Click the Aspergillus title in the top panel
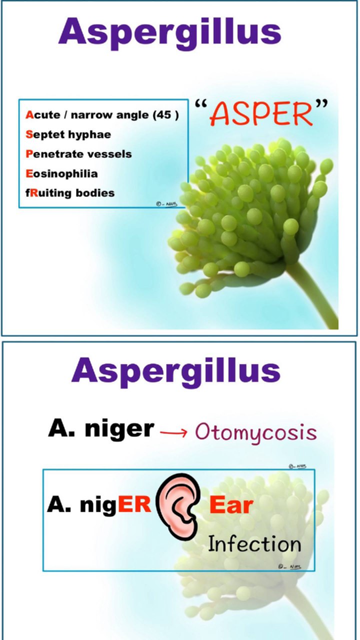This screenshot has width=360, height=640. (169, 33)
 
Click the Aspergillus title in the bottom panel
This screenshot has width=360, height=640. (176, 372)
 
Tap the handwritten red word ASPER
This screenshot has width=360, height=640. (261, 114)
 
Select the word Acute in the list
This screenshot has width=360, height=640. (43, 115)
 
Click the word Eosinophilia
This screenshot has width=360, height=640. (61, 173)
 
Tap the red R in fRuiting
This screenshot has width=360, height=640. (34, 193)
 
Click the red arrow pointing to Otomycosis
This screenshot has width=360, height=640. (173, 433)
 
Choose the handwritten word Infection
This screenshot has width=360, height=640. (254, 544)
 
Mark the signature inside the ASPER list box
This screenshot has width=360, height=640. (167, 203)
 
